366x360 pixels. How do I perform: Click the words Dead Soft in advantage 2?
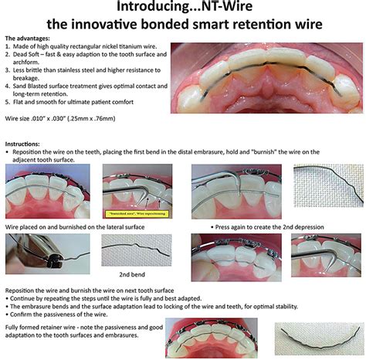pyautogui.click(x=29, y=55)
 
